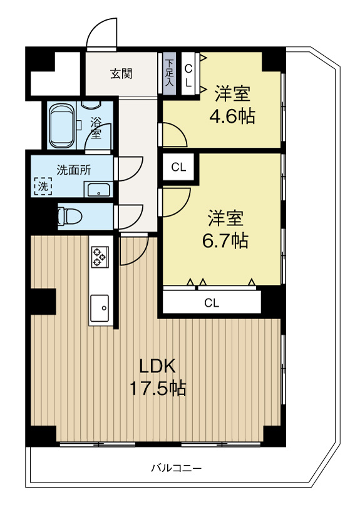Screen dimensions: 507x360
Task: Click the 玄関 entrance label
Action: click(121, 74)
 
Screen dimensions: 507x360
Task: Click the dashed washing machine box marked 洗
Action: click(43, 186)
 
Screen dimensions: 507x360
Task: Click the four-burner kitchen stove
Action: click(100, 255)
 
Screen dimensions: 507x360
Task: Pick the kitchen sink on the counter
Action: click(100, 307)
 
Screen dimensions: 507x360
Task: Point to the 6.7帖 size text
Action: click(225, 240)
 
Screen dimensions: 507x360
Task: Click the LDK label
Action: click(158, 366)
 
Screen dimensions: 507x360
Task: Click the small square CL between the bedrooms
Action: click(178, 167)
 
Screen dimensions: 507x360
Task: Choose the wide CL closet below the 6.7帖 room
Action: click(212, 303)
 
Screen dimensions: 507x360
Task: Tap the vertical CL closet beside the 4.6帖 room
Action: click(188, 73)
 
